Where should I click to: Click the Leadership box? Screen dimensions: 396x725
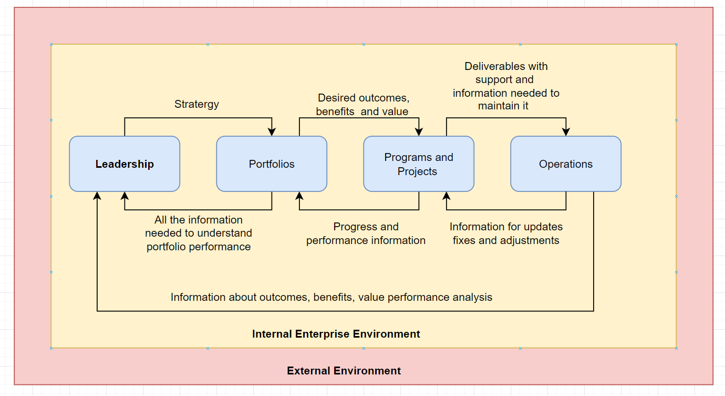pos(125,164)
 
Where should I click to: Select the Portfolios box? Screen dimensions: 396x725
pos(272,164)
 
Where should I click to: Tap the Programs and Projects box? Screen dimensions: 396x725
pos(419,164)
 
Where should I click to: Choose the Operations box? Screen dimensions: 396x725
pos(566,164)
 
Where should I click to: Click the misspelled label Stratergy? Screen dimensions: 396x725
pos(196,104)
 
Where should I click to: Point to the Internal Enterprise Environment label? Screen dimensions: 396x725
pos(336,334)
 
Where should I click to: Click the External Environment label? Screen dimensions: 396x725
pos(344,371)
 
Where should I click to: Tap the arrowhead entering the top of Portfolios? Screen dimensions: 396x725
pos(272,132)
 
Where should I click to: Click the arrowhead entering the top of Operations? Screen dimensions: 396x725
pos(566,132)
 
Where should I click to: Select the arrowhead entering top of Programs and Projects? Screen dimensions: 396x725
pos(419,132)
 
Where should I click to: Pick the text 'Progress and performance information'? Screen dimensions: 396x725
pos(366,233)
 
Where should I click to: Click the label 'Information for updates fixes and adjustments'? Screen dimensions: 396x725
pos(506,233)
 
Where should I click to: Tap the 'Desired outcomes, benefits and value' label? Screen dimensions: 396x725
pos(362,105)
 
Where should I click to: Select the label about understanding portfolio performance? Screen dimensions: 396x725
pos(199,233)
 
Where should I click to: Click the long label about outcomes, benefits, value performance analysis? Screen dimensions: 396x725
pos(332,297)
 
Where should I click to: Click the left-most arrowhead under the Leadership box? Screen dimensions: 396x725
pos(97,196)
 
